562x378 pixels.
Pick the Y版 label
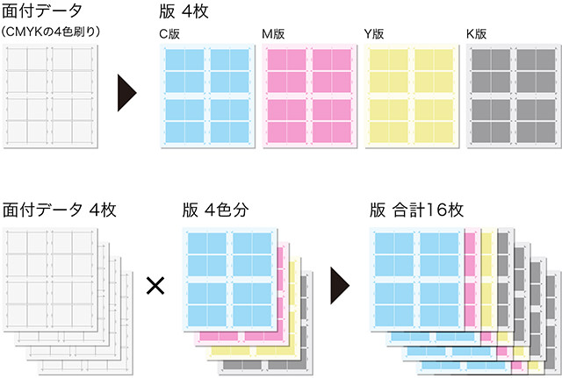(375, 34)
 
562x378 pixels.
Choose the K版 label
(478, 34)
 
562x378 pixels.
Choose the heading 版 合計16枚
(416, 210)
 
